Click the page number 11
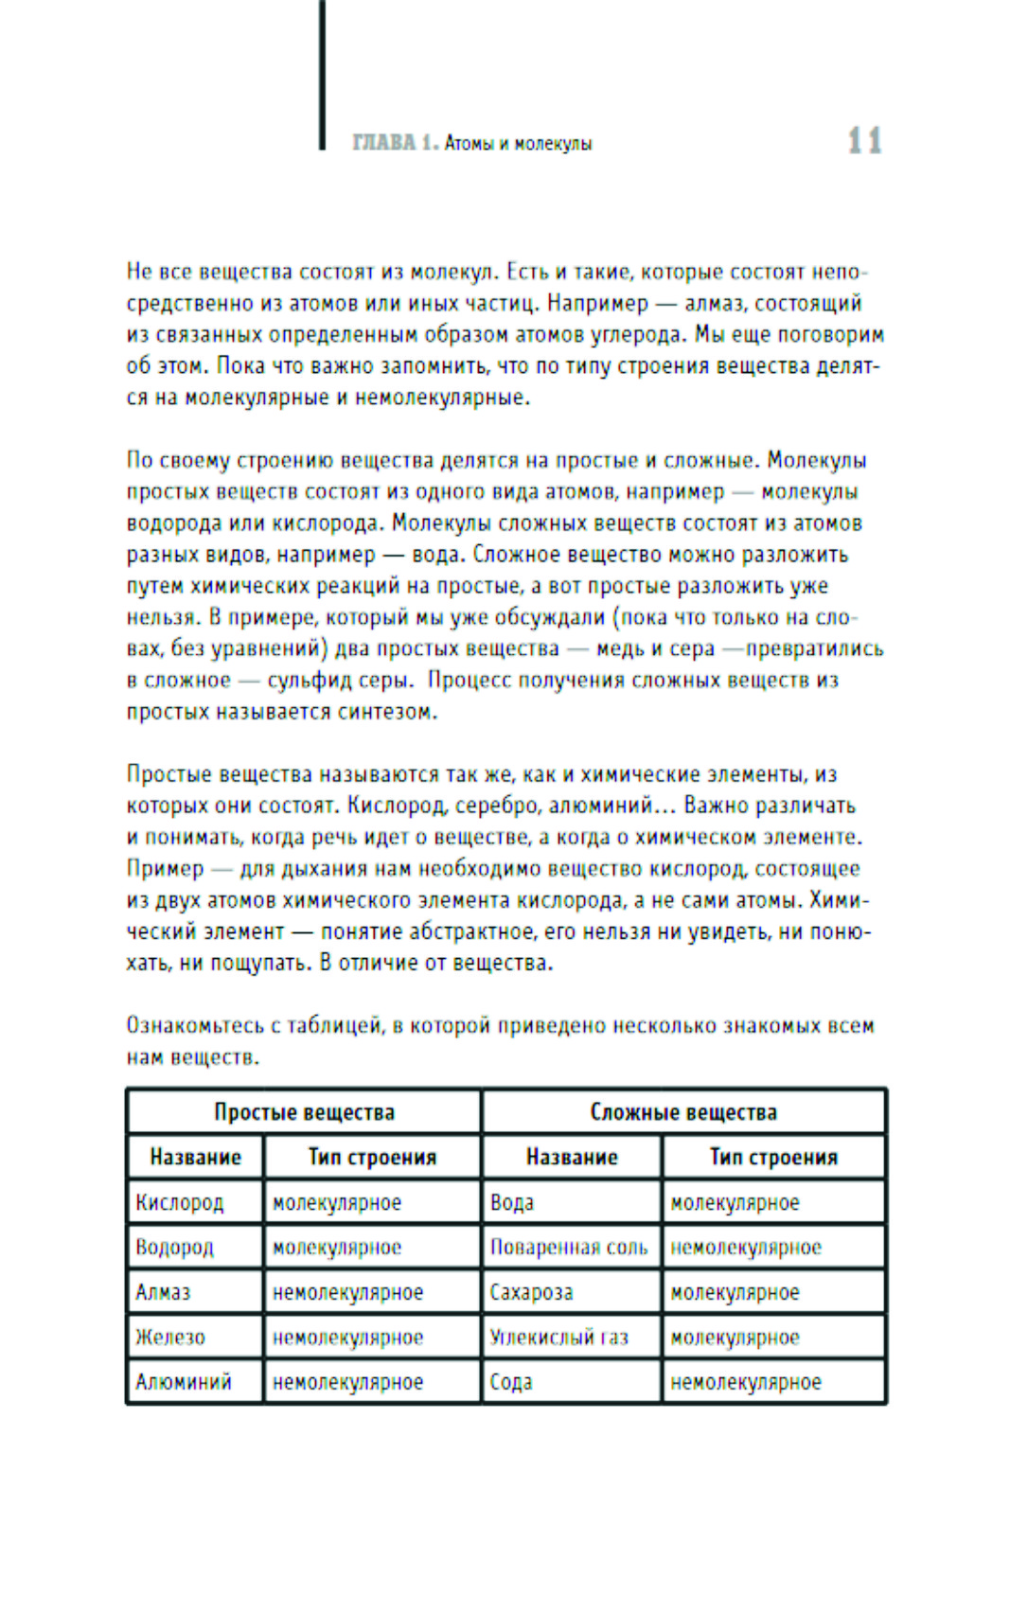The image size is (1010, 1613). click(864, 141)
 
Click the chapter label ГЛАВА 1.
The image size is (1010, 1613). click(395, 143)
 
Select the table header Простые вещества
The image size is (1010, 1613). click(304, 1112)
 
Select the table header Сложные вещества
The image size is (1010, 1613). click(683, 1112)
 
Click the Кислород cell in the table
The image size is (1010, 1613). click(180, 1202)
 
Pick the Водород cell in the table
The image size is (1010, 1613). click(175, 1248)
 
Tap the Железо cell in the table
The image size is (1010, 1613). click(170, 1338)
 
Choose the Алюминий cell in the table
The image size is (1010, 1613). click(184, 1382)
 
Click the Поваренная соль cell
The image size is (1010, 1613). click(569, 1248)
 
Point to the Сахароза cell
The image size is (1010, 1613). click(531, 1292)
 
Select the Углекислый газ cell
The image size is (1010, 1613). click(558, 1338)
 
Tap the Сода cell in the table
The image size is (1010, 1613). click(511, 1382)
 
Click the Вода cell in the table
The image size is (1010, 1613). click(512, 1202)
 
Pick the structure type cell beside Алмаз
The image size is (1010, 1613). click(347, 1292)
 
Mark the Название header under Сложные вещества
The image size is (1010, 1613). click(572, 1157)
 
